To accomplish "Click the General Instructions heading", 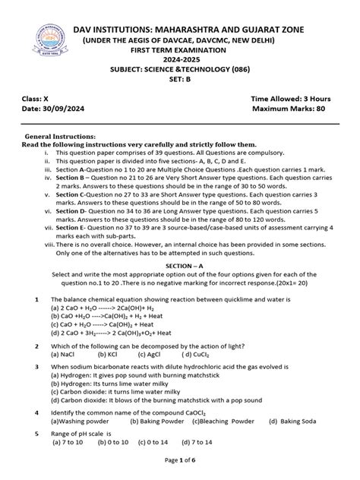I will pos(58,134).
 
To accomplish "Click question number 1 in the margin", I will pos(36,301).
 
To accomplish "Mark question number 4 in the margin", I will pos(36,412).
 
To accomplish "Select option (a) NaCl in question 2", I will pos(62,354).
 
